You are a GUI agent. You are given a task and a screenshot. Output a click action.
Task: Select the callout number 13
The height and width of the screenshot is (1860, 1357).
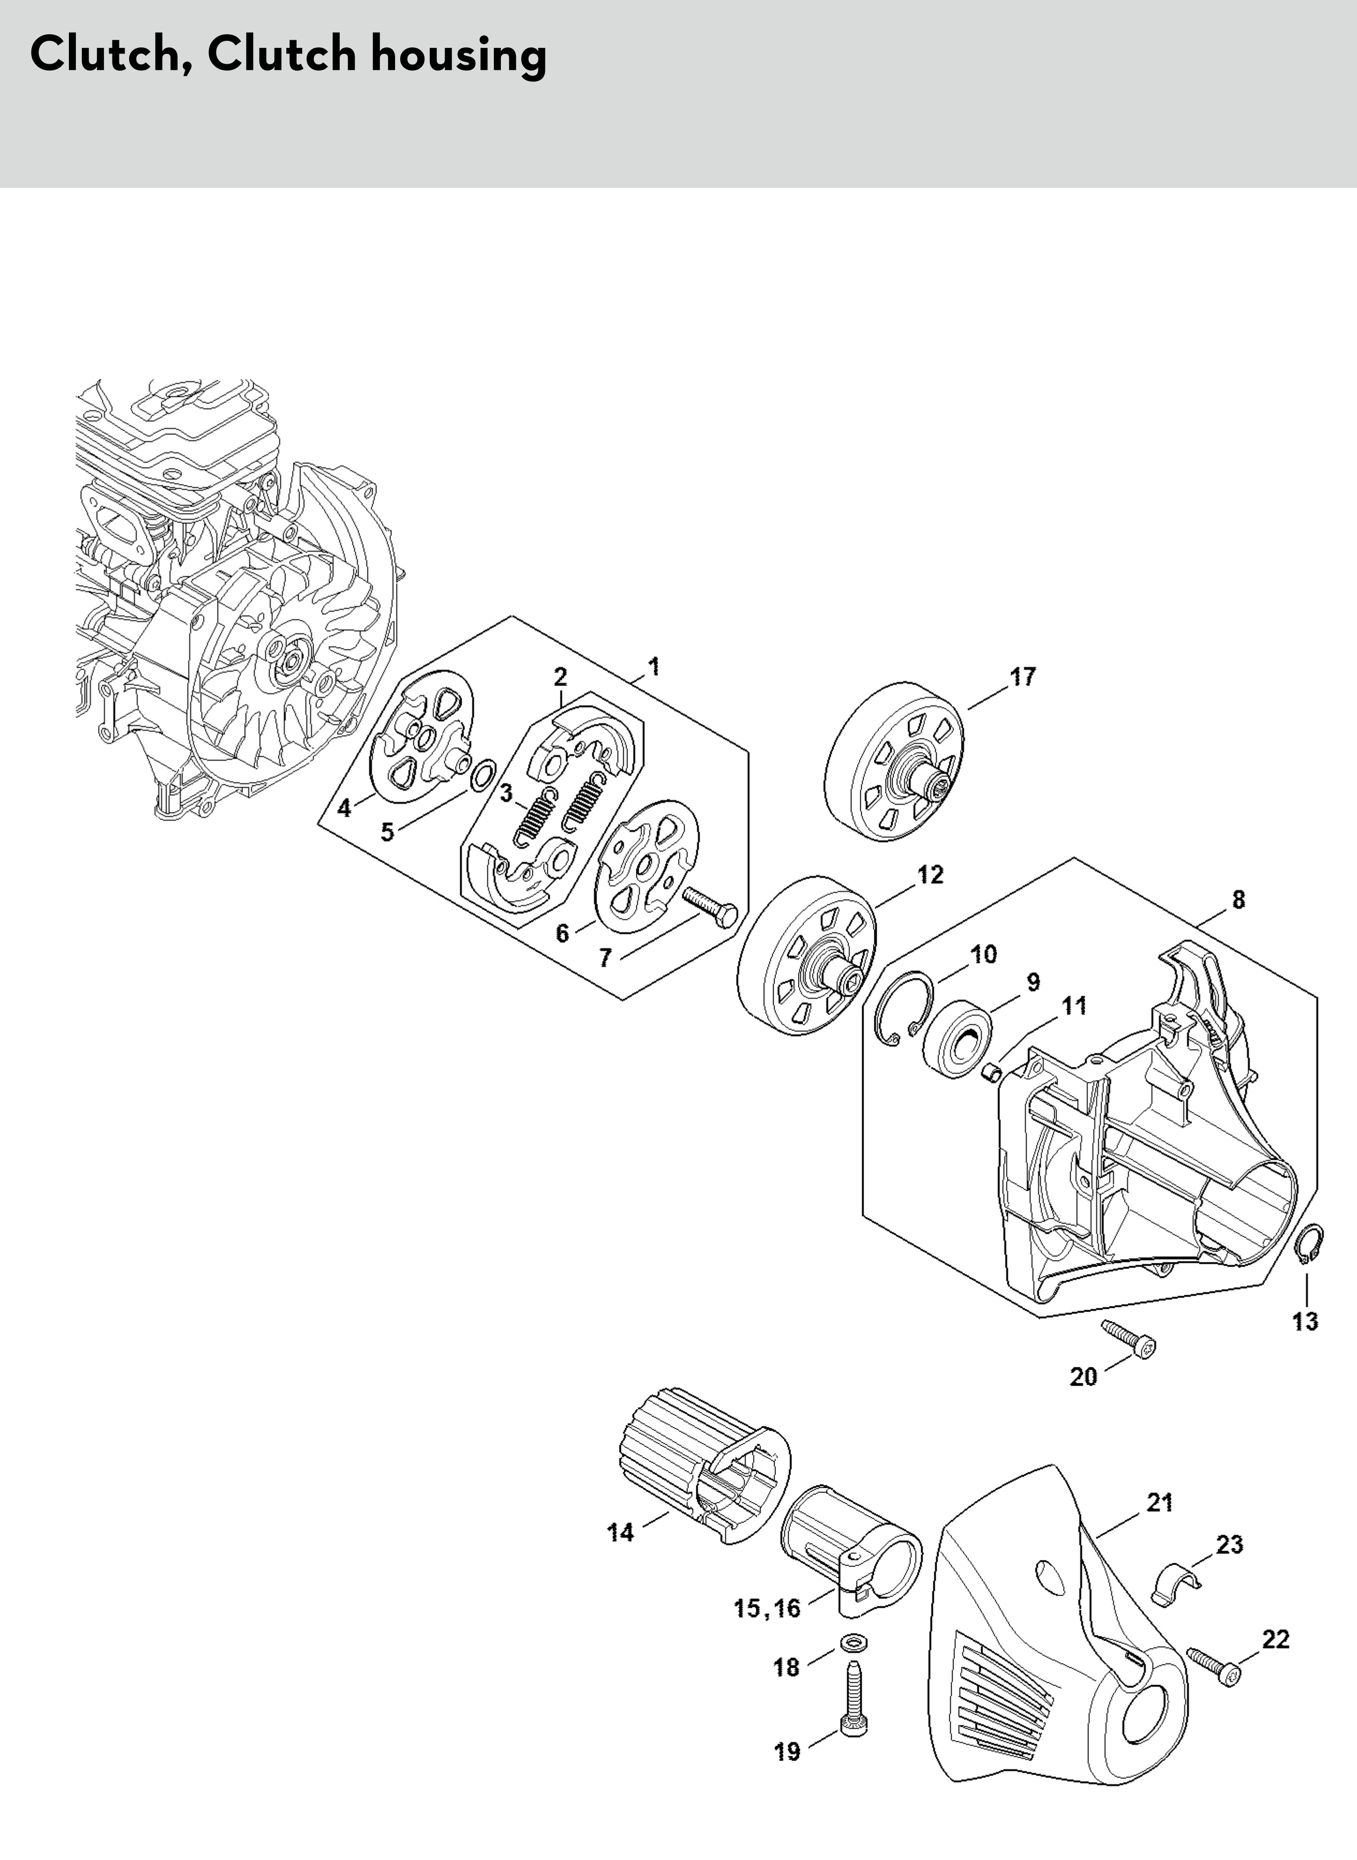point(1305,1322)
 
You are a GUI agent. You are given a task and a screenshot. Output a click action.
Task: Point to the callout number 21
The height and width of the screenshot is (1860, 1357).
point(1159,1503)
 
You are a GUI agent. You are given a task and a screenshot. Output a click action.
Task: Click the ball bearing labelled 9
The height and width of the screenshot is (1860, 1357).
point(957,1037)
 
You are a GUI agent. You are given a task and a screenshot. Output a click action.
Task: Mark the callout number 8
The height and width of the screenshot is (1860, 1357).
point(1238,900)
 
